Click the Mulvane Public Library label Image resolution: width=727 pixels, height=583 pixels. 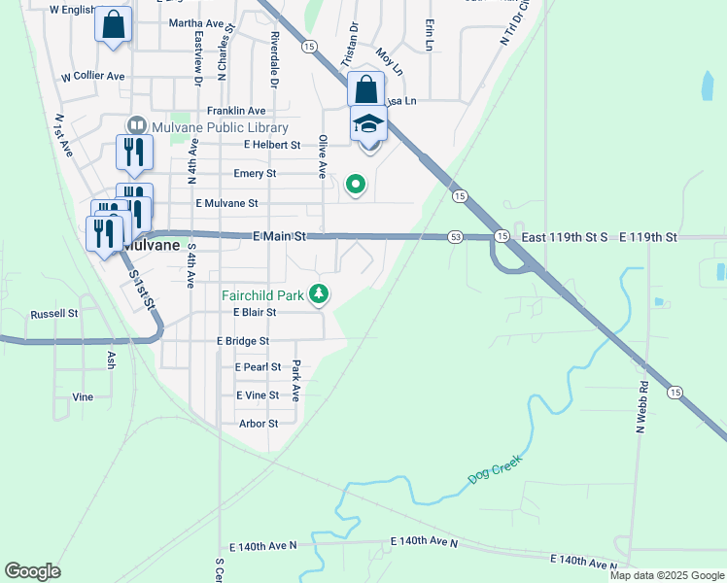(x=220, y=127)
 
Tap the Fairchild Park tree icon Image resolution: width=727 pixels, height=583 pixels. (x=318, y=293)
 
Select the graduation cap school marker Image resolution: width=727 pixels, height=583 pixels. (x=369, y=123)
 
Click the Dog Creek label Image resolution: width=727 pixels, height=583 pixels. (x=495, y=469)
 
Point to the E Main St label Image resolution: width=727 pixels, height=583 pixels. (x=279, y=236)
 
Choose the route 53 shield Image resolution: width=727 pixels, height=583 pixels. (x=455, y=237)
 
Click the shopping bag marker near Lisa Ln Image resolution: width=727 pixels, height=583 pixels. (x=365, y=90)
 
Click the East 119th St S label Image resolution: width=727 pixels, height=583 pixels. (x=564, y=236)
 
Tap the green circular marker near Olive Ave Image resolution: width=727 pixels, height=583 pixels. (x=356, y=183)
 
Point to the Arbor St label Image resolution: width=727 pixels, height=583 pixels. (x=259, y=424)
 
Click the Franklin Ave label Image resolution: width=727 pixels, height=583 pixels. (x=235, y=112)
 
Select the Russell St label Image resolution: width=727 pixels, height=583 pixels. (x=53, y=314)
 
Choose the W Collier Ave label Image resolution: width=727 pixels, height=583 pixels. (x=93, y=76)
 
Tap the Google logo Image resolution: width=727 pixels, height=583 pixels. (x=32, y=570)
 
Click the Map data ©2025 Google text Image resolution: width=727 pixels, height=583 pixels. (x=667, y=575)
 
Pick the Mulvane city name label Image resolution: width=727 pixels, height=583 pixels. (x=152, y=246)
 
